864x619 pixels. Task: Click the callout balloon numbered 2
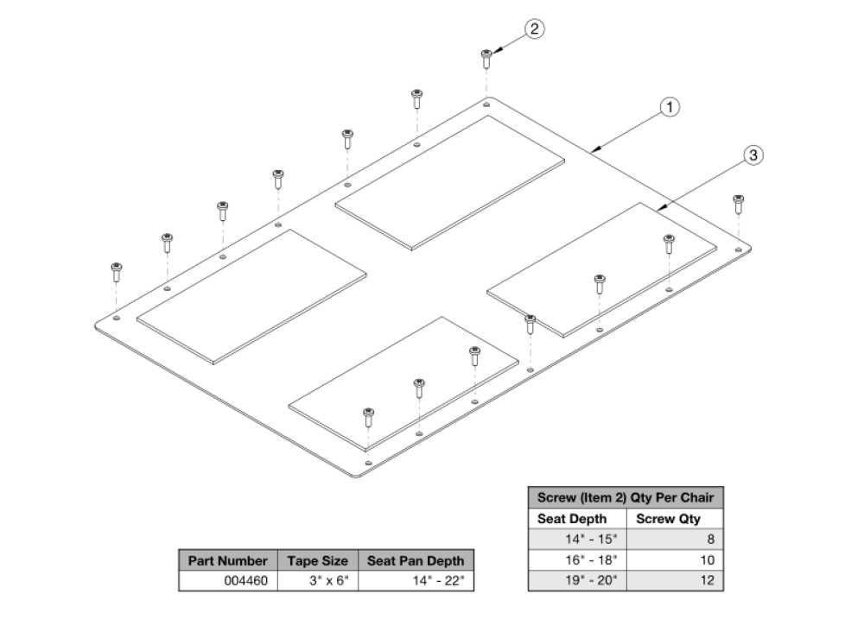[x=535, y=29]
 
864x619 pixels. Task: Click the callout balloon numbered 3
[x=753, y=155]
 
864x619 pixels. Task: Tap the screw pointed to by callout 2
[x=486, y=59]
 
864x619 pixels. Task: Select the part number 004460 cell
[x=228, y=581]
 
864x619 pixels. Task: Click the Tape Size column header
[x=317, y=560]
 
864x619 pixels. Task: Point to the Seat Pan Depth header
[x=416, y=560]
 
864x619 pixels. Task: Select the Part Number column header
[x=228, y=560]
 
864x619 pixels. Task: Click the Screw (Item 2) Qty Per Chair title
[x=625, y=498]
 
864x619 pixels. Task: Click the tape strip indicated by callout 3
[x=602, y=268]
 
